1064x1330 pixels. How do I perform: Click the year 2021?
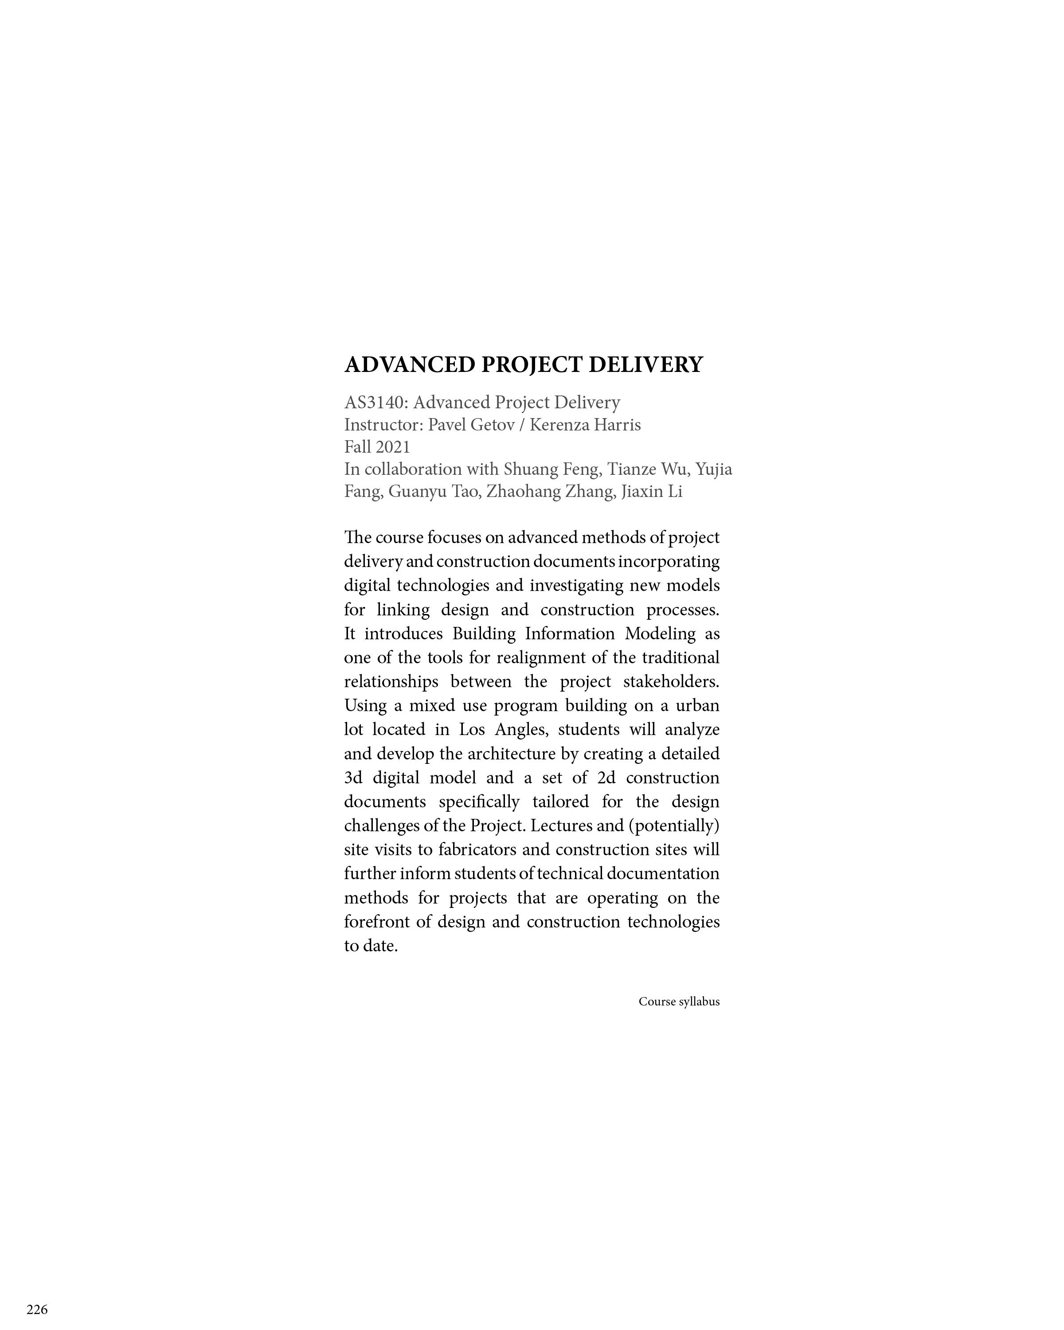tap(392, 447)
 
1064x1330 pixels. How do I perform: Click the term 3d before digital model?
tap(353, 778)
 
